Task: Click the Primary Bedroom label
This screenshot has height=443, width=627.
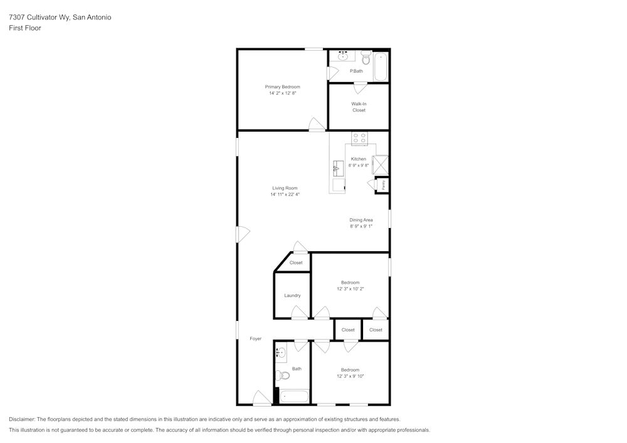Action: (x=282, y=86)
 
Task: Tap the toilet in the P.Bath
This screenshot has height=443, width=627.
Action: (x=366, y=58)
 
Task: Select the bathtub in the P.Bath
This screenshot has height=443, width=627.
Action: (x=381, y=66)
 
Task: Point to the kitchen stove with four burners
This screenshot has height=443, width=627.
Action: (x=359, y=138)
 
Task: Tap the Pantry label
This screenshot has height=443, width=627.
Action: (x=383, y=185)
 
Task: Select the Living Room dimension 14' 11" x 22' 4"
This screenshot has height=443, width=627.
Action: (x=285, y=195)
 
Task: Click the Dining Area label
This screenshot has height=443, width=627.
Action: (x=361, y=220)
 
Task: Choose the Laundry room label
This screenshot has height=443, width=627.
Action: (x=292, y=295)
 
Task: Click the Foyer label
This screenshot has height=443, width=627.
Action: (x=255, y=338)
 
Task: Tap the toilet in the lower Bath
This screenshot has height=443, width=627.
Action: (x=283, y=376)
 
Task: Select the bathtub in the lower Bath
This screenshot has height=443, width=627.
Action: (x=294, y=396)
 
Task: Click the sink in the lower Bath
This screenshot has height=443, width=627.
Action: (x=280, y=353)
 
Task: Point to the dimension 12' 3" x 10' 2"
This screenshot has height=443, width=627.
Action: (x=350, y=289)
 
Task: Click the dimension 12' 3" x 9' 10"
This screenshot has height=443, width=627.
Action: (x=350, y=376)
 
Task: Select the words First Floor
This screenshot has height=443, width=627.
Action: (x=24, y=28)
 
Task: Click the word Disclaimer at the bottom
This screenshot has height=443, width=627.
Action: (x=22, y=419)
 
